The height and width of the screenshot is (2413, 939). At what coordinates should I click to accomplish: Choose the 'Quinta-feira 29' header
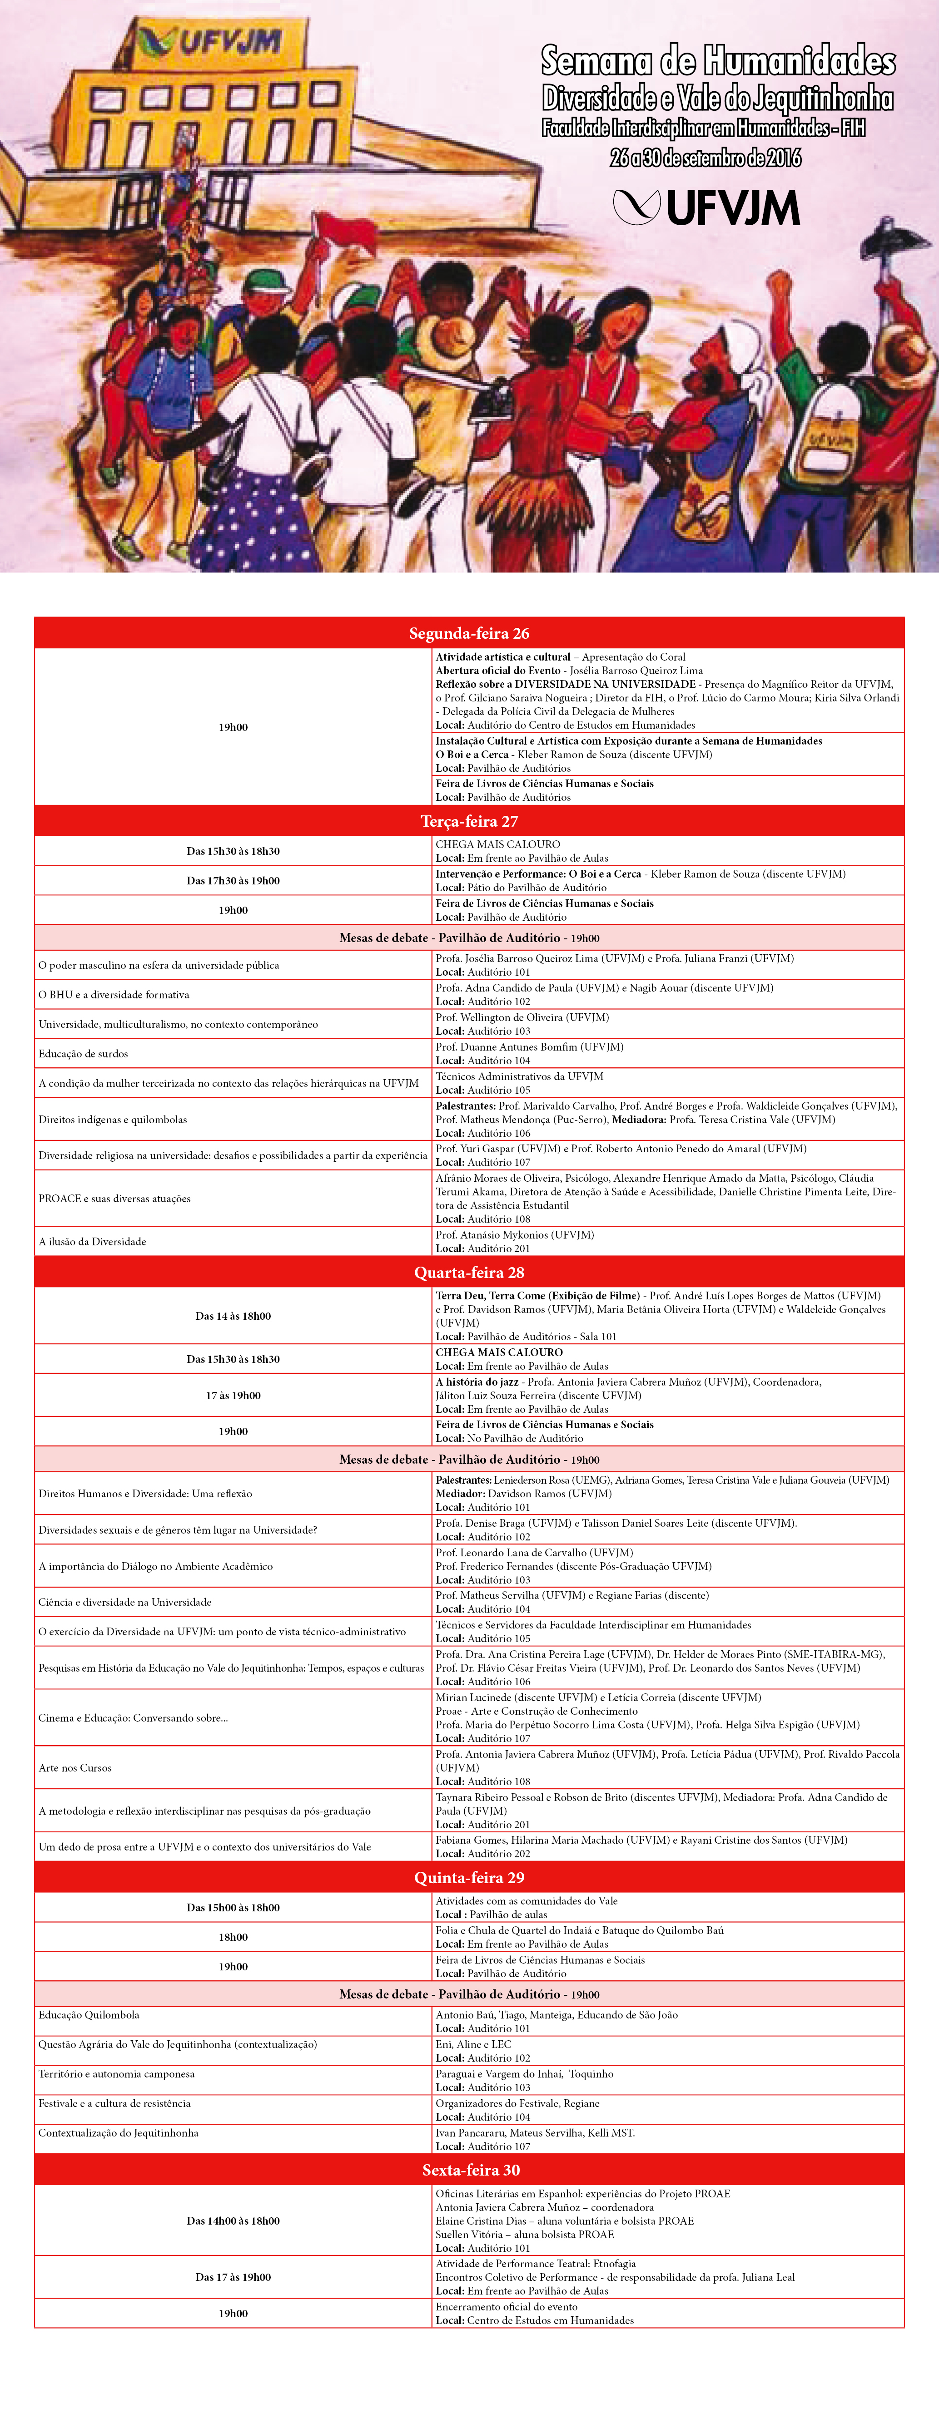click(468, 1877)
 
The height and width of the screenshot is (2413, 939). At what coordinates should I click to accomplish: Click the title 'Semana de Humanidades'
click(718, 62)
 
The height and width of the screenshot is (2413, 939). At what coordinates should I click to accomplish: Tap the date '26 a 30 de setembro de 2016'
click(705, 158)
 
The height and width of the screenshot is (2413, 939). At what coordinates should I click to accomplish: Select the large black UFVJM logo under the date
click(706, 208)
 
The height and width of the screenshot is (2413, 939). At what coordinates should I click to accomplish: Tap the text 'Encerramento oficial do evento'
click(506, 2306)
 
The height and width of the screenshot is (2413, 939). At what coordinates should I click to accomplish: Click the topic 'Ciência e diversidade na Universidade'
click(124, 1602)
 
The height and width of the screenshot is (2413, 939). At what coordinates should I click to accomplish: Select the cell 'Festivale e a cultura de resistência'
click(114, 2103)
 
